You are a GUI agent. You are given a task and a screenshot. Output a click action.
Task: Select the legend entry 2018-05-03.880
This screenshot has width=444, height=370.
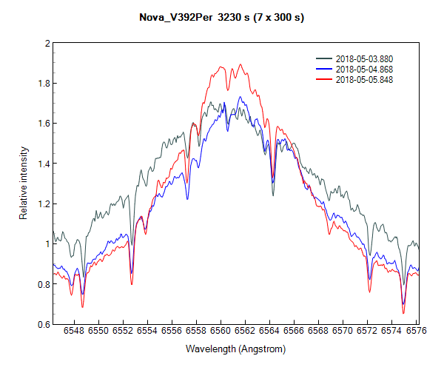tap(364, 58)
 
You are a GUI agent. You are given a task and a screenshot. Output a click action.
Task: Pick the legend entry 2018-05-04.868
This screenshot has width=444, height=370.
tap(364, 68)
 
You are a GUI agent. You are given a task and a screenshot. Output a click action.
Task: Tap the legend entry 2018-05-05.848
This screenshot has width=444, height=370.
tap(364, 78)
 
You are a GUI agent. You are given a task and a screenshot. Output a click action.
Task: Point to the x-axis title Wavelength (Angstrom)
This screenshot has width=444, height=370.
tap(235, 349)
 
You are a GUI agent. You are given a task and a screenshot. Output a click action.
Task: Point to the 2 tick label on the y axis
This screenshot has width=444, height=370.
tap(47, 44)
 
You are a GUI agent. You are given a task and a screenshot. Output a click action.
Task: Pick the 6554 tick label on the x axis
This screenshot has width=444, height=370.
tap(147, 332)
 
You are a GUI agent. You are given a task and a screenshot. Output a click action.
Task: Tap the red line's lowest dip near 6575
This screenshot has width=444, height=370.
tap(403, 313)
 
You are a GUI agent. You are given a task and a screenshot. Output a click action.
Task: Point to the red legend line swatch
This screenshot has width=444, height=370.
tap(324, 78)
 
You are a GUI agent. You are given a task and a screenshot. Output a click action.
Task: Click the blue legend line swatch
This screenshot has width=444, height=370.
tap(324, 68)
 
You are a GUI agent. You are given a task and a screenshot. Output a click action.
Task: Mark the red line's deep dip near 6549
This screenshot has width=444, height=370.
tap(82, 306)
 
